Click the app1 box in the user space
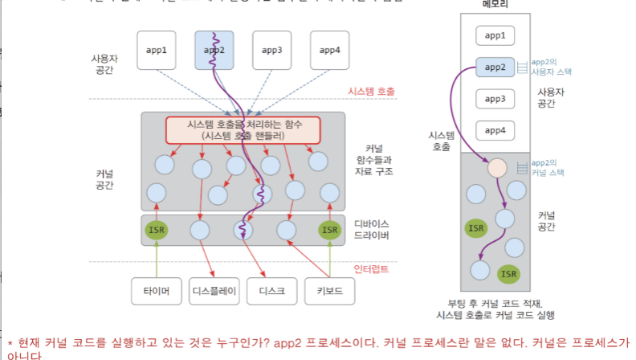[157, 50]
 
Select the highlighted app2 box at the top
[214, 50]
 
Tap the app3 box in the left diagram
[272, 50]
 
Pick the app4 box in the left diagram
[329, 50]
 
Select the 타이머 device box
[157, 291]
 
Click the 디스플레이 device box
[214, 291]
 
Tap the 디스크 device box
[271, 291]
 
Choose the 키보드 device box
[329, 291]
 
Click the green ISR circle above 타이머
[157, 230]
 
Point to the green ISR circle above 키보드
[330, 230]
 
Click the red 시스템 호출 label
[371, 92]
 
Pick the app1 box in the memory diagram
[494, 36]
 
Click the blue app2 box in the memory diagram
[494, 67]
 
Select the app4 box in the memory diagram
[494, 129]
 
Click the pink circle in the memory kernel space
[496, 168]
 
